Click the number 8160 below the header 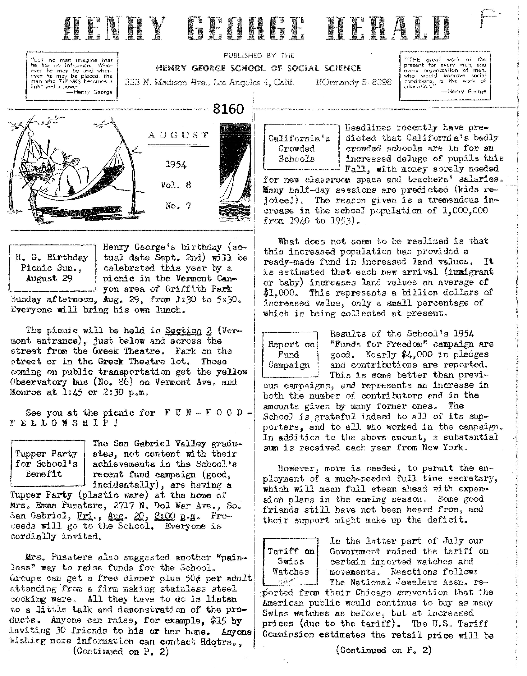coord(228,109)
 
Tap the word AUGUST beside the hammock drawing coord(179,135)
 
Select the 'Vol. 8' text coord(176,185)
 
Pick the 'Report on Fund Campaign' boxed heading coord(290,355)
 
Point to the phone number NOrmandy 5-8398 coord(354,82)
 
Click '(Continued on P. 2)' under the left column coord(121,652)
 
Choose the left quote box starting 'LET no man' coord(72,76)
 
